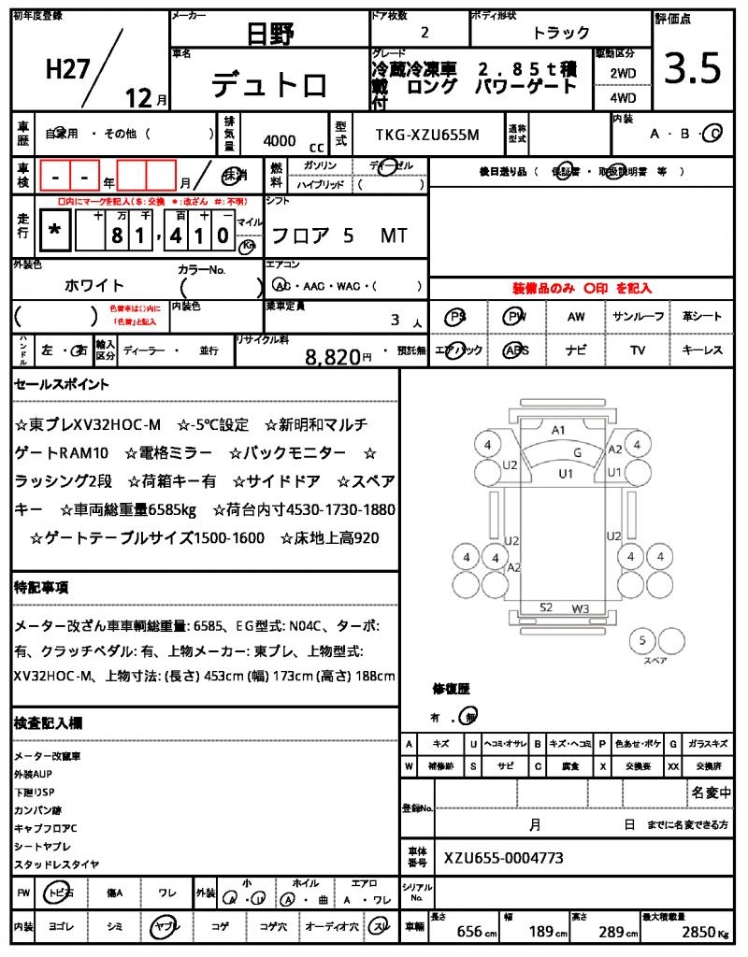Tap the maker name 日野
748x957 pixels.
click(270, 35)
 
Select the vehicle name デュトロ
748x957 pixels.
click(269, 85)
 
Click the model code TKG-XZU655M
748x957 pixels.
click(427, 136)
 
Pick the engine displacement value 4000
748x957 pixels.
click(280, 141)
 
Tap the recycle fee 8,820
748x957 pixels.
click(333, 356)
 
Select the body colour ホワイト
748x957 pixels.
click(94, 285)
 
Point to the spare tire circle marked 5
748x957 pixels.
click(641, 641)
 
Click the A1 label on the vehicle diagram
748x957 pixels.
click(559, 430)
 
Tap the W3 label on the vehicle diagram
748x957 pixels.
click(581, 608)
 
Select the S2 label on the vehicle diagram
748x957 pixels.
click(546, 607)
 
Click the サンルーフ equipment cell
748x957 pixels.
click(639, 317)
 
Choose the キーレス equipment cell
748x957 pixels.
click(702, 350)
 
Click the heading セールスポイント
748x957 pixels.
click(62, 384)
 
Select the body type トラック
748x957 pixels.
click(561, 33)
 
